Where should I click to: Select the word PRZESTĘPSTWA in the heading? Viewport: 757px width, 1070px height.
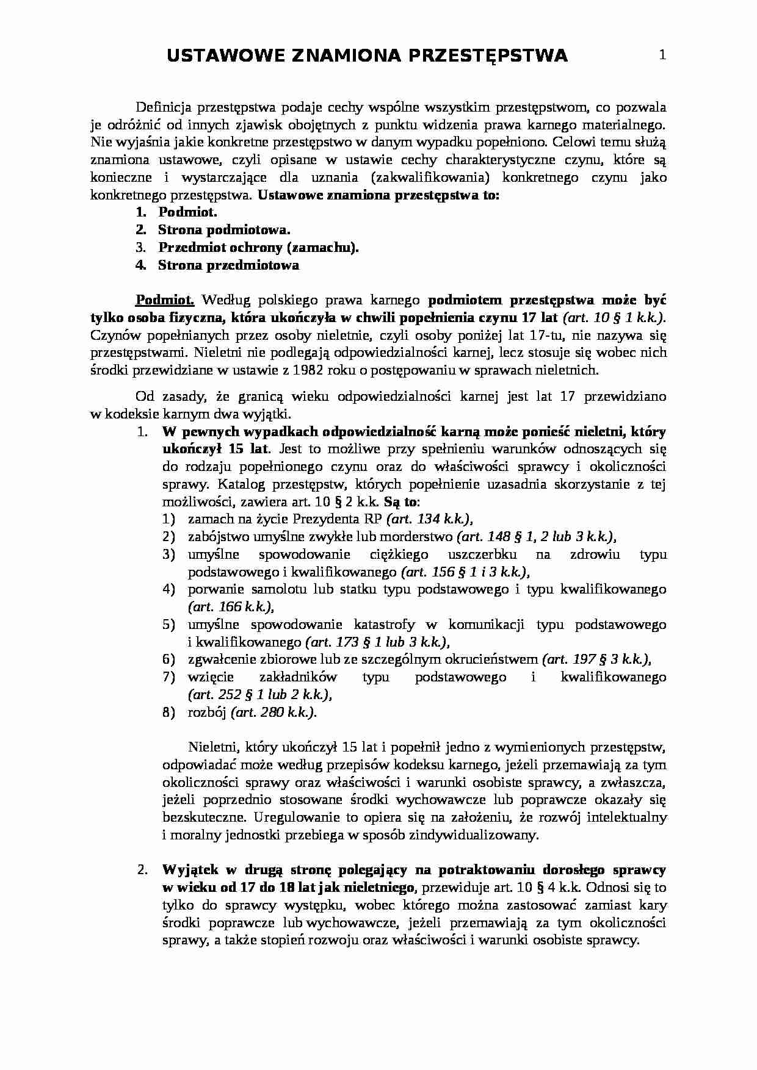click(487, 56)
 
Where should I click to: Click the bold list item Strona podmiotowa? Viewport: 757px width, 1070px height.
click(224, 230)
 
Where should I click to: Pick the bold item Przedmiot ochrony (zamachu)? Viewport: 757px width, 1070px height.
click(258, 248)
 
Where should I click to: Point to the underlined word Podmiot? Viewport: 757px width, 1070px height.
click(164, 300)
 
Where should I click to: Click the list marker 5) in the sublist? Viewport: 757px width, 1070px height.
click(169, 625)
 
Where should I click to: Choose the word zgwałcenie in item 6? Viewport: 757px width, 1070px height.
click(219, 659)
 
